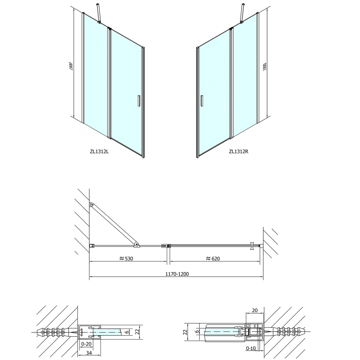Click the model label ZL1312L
click(x=99, y=151)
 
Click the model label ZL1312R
click(x=239, y=151)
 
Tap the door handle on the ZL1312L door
click(x=139, y=101)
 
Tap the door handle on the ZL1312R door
click(x=201, y=101)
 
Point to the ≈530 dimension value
click(x=126, y=258)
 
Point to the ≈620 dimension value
click(x=213, y=258)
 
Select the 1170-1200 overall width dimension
click(x=177, y=274)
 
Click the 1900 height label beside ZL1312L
click(x=71, y=66)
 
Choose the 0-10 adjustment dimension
click(x=251, y=348)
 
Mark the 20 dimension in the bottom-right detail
click(x=255, y=310)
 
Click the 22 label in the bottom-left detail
click(x=137, y=331)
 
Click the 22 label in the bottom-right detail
click(x=186, y=332)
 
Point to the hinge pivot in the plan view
click(x=169, y=246)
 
